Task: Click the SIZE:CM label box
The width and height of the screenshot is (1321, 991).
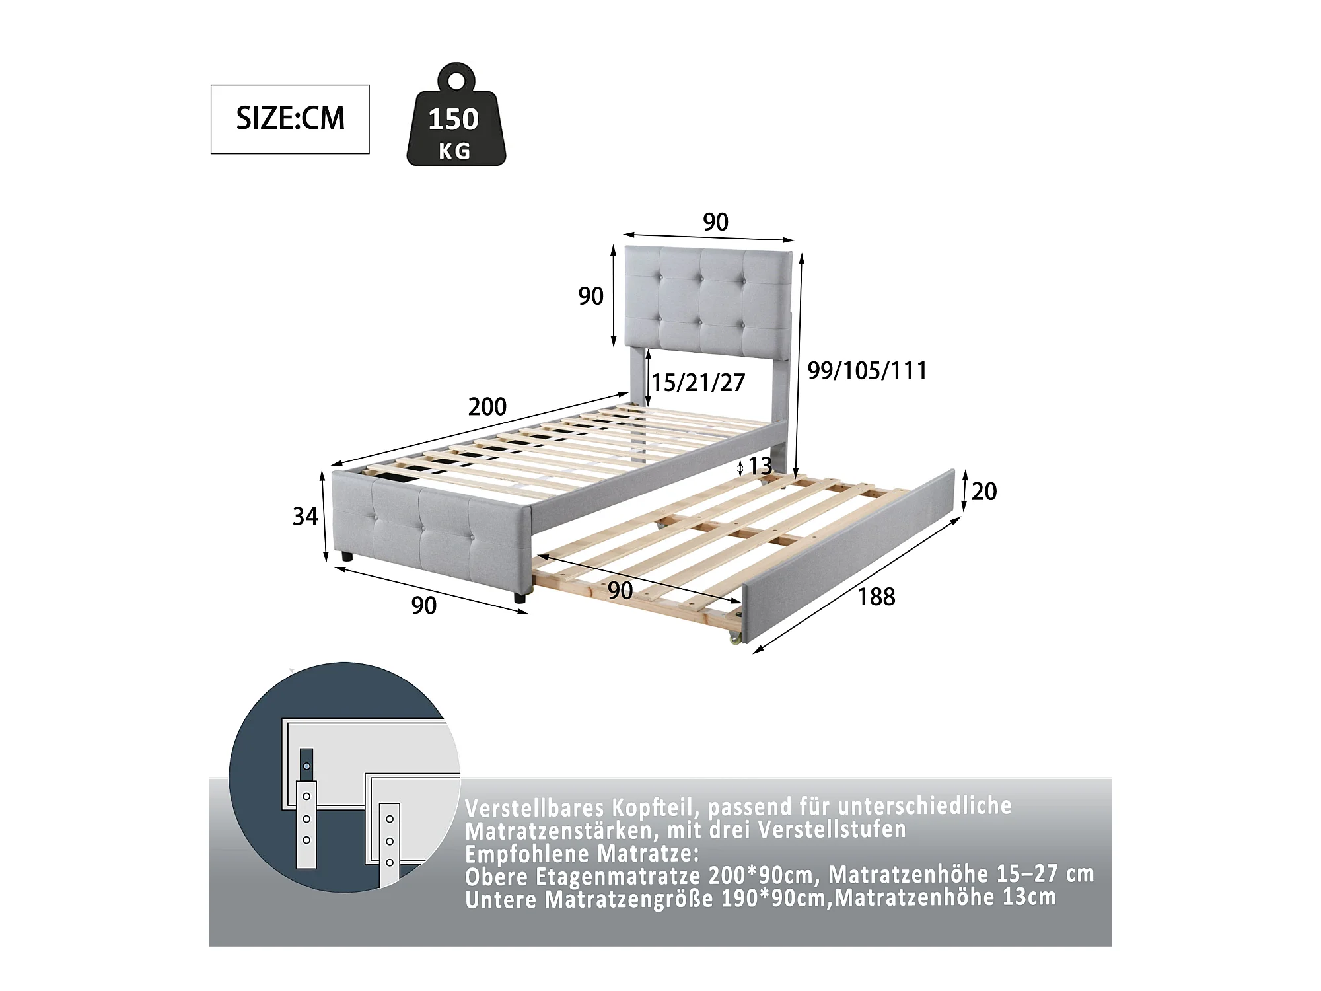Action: coord(290,119)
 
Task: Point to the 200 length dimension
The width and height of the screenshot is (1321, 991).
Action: coord(487,406)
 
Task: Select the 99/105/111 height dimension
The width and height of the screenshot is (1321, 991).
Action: coord(867,371)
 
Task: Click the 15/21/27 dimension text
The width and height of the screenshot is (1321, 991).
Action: coord(699,383)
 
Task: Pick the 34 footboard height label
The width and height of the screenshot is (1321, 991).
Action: coord(305,516)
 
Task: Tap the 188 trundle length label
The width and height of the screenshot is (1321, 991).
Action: coord(876,597)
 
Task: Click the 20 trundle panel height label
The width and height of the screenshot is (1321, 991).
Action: coord(984,492)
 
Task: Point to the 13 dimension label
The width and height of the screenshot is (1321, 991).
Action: coord(760,466)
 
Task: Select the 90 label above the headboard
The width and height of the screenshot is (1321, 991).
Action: coord(715,222)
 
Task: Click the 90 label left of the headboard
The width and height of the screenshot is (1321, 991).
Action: coord(590,296)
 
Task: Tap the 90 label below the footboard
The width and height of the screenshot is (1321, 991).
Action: coord(424,605)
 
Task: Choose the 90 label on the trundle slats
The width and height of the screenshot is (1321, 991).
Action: coord(620,591)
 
